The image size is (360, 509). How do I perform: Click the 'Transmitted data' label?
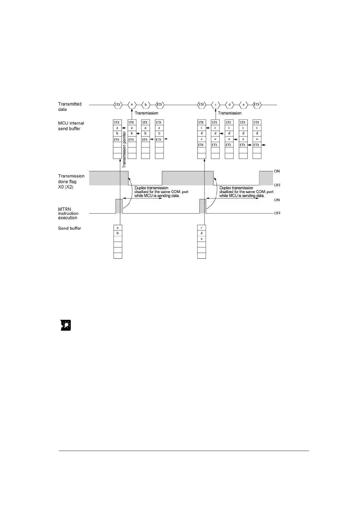click(70, 107)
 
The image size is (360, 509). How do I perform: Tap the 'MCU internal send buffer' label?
click(71, 126)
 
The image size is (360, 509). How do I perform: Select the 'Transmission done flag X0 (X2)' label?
click(71, 181)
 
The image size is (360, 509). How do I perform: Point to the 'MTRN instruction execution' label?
click(68, 213)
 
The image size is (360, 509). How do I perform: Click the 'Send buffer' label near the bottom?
click(70, 228)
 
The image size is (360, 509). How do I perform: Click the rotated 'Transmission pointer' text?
click(124, 150)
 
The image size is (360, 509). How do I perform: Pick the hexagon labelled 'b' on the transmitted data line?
click(146, 105)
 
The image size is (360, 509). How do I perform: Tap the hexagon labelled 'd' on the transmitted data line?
click(230, 105)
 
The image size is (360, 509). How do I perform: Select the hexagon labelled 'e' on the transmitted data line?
click(243, 105)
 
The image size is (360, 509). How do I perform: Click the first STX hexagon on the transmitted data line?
click(118, 105)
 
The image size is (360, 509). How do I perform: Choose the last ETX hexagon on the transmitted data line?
click(257, 105)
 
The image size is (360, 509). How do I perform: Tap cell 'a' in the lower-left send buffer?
click(118, 228)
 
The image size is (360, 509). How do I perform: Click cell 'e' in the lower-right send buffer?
click(201, 239)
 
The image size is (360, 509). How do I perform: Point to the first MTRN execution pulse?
click(119, 206)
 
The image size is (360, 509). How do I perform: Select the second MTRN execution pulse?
click(203, 206)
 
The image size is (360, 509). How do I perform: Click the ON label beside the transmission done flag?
click(277, 171)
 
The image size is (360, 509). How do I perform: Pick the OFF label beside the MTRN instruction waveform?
click(277, 213)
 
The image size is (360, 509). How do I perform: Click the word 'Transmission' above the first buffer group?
click(146, 113)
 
